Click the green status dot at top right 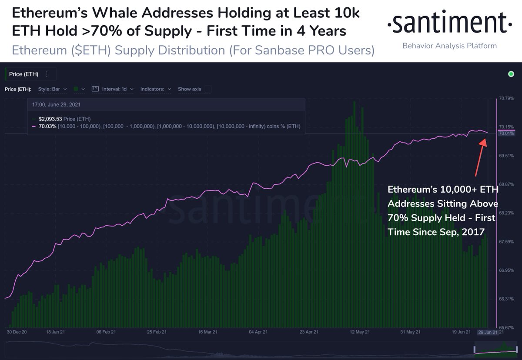pos(511,74)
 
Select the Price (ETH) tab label pos(23,74)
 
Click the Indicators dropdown pos(155,89)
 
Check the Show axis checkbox pos(208,89)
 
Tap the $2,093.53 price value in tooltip pos(50,119)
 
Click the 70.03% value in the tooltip pos(47,126)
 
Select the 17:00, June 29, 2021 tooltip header pos(56,105)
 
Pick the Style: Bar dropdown pos(52,89)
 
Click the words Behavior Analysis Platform pos(449,46)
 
